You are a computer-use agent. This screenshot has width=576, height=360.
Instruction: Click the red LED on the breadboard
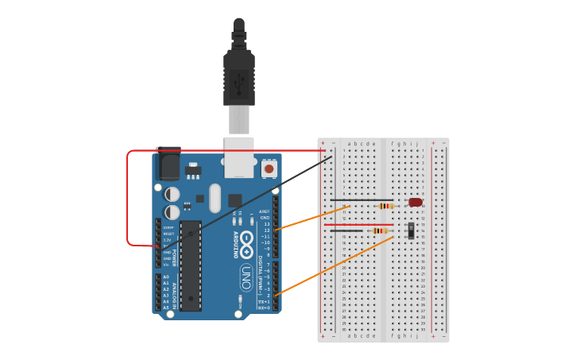pos(416,203)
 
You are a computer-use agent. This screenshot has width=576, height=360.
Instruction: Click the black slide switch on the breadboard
pos(411,230)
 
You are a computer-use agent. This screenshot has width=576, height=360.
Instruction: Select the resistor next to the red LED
pos(386,206)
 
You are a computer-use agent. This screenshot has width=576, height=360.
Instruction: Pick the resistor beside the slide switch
pos(381,231)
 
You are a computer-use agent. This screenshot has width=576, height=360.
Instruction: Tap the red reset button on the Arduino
pos(269,168)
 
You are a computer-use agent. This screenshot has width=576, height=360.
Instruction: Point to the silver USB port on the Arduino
pos(239,155)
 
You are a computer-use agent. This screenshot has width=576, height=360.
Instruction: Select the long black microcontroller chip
pos(191,265)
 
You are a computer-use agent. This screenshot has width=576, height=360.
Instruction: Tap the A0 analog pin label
pos(166,277)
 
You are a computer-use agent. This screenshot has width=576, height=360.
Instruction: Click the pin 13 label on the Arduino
pos(266,224)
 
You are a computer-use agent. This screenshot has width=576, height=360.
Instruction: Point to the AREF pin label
pos(265,211)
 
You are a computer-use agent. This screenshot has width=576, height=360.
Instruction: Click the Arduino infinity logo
pos(246,242)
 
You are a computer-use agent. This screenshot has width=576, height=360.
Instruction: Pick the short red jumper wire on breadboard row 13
pos(347,224)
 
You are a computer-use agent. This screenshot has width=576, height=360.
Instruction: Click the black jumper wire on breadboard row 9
pos(361,200)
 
